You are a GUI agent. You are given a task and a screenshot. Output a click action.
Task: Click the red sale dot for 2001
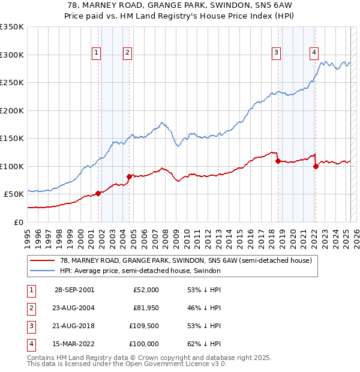[x=98, y=193]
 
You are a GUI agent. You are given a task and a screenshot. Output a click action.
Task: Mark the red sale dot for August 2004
[x=129, y=176]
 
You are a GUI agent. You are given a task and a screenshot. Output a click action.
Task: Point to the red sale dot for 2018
[x=278, y=161]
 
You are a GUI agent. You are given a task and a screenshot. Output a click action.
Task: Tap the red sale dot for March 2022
[x=316, y=166]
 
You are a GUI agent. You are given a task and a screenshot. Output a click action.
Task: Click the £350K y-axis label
[x=12, y=27]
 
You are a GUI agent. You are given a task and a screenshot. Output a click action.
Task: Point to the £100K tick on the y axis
[x=12, y=166]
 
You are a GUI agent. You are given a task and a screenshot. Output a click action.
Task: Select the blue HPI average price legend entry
[x=140, y=271]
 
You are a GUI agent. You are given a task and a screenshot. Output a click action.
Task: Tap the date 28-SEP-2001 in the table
[x=74, y=290]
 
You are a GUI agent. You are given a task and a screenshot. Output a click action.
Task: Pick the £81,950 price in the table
[x=145, y=308]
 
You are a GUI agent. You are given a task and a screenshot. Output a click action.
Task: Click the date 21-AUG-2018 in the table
[x=74, y=326]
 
